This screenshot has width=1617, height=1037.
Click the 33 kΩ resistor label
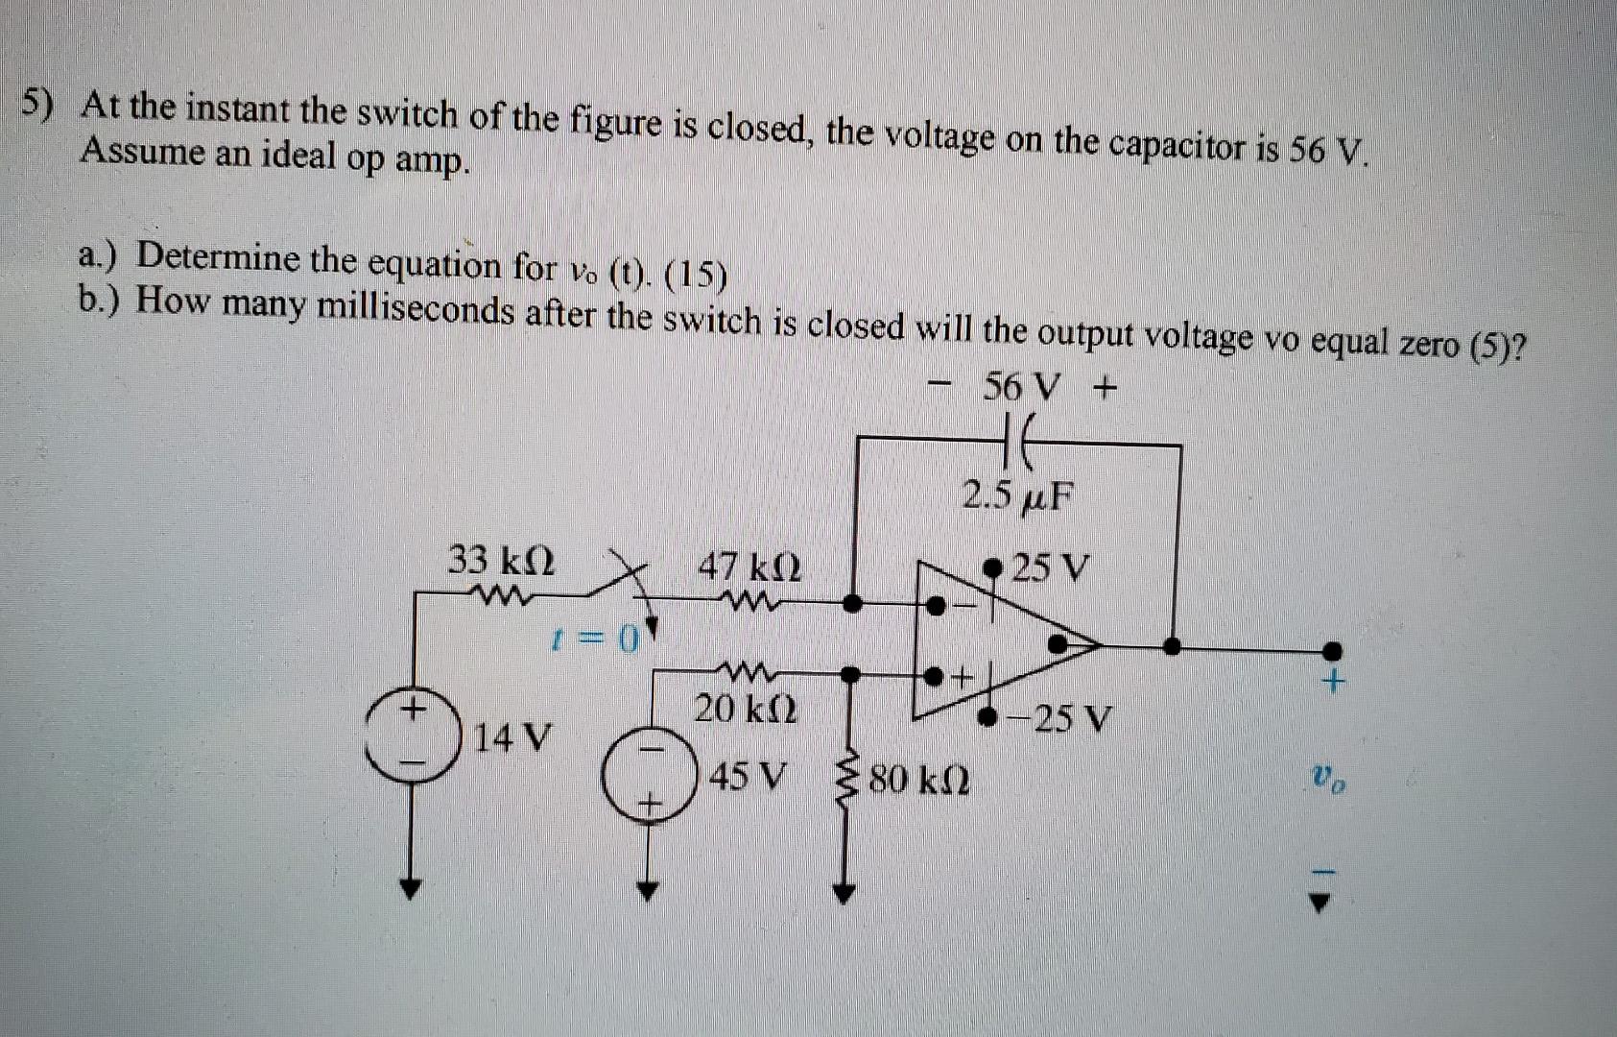pos(501,560)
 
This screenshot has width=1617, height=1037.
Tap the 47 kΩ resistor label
pos(749,568)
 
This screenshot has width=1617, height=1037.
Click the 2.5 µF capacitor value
pos(1019,496)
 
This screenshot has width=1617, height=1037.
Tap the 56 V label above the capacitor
pos(1023,388)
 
